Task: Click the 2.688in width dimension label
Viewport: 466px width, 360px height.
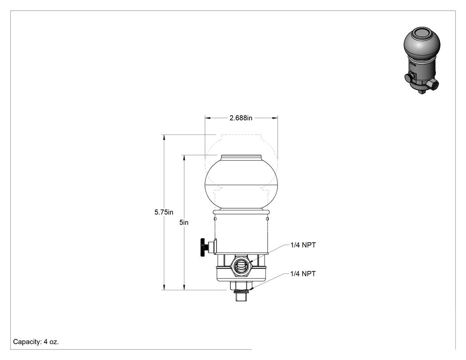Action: pyautogui.click(x=241, y=118)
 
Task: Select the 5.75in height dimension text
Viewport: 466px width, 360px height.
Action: pyautogui.click(x=164, y=212)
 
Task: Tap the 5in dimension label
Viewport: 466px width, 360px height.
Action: pyautogui.click(x=184, y=222)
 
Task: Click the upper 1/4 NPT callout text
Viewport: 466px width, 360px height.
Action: pyautogui.click(x=303, y=245)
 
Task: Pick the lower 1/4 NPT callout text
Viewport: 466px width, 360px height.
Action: pyautogui.click(x=303, y=273)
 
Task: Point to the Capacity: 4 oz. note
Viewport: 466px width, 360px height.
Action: pyautogui.click(x=36, y=342)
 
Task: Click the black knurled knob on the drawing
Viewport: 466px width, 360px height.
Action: pyautogui.click(x=203, y=247)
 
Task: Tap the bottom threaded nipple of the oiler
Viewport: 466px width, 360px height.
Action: pyautogui.click(x=241, y=296)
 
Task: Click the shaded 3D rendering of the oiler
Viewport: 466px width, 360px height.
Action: pyautogui.click(x=422, y=60)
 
